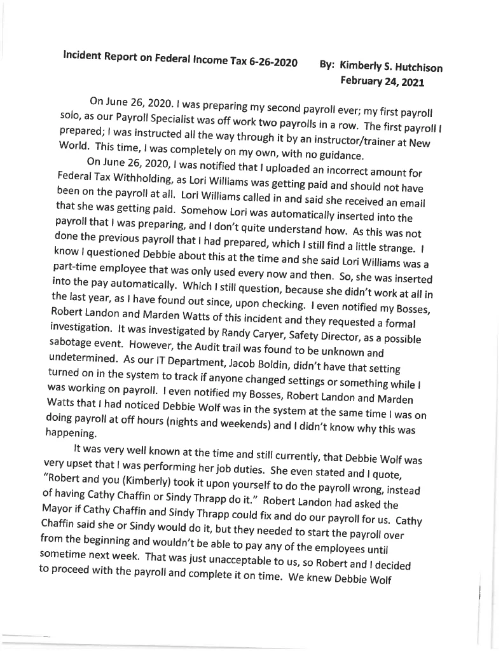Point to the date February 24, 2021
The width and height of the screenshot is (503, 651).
(x=382, y=81)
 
